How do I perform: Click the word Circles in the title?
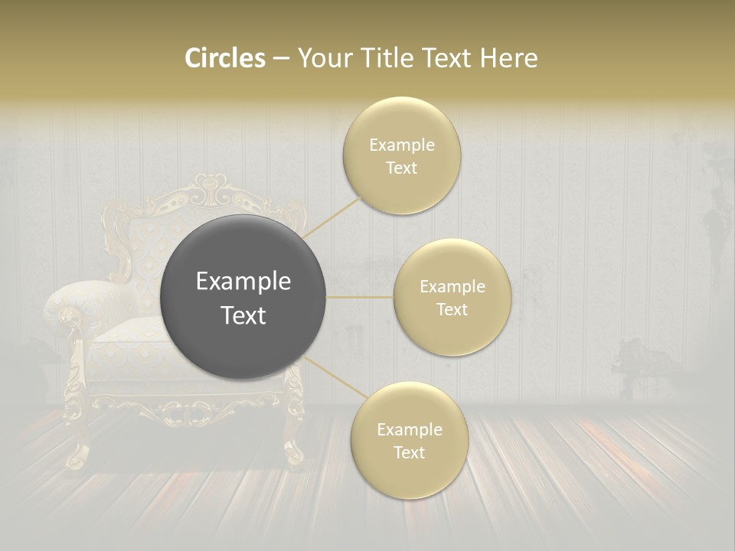click(x=224, y=58)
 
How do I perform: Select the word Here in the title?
click(x=511, y=58)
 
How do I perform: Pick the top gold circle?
click(x=401, y=155)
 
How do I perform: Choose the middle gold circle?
click(x=452, y=297)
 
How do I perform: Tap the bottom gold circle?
click(x=409, y=440)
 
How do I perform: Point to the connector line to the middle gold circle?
click(x=359, y=297)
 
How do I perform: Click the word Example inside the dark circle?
click(x=243, y=282)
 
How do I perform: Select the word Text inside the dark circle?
click(x=243, y=315)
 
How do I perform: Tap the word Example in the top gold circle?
click(x=402, y=145)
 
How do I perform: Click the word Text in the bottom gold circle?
click(x=409, y=452)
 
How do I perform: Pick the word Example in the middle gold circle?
click(x=452, y=287)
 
